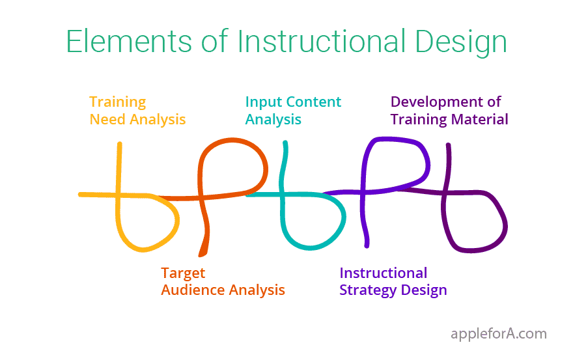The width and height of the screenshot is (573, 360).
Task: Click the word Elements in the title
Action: (129, 41)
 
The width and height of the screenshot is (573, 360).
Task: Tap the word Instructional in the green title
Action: (322, 40)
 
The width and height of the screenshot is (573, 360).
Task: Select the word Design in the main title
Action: (461, 43)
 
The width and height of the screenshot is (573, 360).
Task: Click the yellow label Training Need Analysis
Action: (137, 111)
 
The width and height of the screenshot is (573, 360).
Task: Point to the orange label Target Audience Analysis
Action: (223, 281)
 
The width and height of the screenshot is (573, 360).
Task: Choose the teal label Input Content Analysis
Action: (293, 111)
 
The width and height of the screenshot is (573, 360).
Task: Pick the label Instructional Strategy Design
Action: (393, 281)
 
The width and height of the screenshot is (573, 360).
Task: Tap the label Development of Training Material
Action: (449, 111)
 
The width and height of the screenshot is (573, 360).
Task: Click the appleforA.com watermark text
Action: (499, 334)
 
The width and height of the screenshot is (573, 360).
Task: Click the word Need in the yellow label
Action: (108, 120)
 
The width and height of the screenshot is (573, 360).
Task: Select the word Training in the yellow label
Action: (118, 103)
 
